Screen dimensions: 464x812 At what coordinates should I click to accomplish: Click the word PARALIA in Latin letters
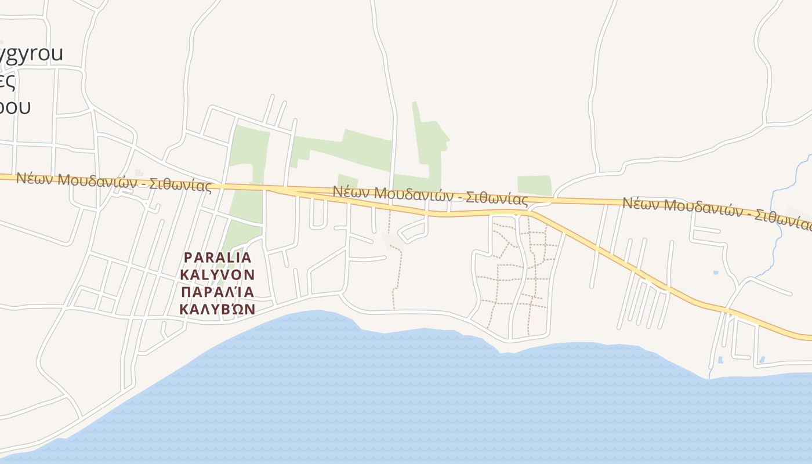coord(217,257)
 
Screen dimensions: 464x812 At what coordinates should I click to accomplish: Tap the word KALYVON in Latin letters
coord(217,274)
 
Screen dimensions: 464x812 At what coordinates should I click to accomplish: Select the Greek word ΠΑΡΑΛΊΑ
coord(217,291)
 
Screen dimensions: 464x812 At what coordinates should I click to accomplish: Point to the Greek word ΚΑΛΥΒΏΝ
coord(217,309)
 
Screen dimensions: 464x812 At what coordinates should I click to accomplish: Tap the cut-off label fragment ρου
coord(15,107)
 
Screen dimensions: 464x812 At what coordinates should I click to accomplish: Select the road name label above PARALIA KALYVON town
coord(113,182)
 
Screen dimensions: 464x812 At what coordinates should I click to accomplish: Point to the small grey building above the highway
coord(139,173)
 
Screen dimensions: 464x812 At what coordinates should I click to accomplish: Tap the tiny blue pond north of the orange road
coord(716,272)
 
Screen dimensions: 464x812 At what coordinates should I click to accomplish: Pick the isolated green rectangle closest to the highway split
coord(534,185)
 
